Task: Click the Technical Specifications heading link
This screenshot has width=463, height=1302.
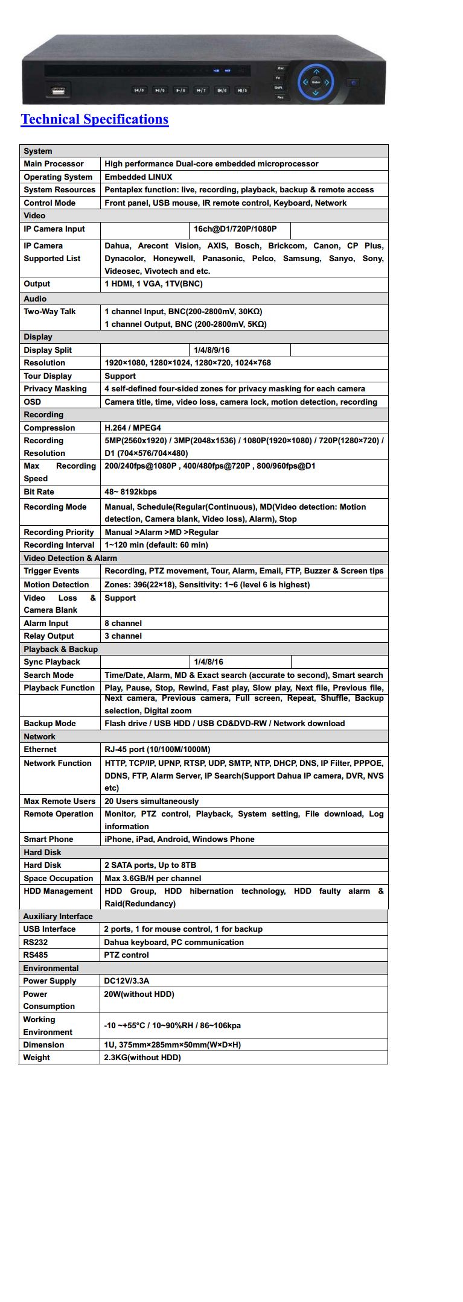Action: point(95,119)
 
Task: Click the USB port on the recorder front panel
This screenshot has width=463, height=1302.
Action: point(58,92)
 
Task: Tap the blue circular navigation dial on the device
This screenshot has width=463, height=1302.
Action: point(316,82)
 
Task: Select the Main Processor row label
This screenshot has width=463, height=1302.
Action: point(54,163)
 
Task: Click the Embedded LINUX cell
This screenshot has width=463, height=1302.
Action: point(138,177)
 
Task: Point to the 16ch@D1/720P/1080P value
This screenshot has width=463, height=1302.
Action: point(235,229)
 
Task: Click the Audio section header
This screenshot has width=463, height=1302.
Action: point(35,299)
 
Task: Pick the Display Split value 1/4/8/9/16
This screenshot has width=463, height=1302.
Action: point(211,350)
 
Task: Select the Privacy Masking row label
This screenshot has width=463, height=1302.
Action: point(55,389)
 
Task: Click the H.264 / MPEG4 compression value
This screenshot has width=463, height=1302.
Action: point(133,428)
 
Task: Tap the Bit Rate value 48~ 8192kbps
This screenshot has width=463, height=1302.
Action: point(130,491)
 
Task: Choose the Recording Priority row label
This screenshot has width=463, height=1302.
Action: point(59,532)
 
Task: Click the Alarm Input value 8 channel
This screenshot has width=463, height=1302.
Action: point(123,623)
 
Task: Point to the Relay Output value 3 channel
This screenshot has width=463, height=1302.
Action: point(123,636)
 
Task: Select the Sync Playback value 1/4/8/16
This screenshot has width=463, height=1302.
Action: point(208,662)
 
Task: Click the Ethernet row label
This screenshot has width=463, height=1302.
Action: point(40,749)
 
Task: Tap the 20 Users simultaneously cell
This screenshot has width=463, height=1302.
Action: point(152,801)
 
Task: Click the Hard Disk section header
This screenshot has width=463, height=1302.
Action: point(42,852)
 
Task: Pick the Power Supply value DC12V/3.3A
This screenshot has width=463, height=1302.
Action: point(126,981)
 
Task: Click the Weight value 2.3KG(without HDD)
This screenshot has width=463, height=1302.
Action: point(142,1057)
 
